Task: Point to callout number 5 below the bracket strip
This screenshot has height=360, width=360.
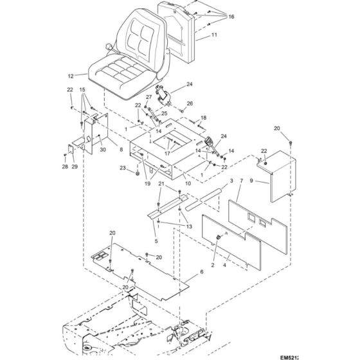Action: [x=155, y=241]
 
